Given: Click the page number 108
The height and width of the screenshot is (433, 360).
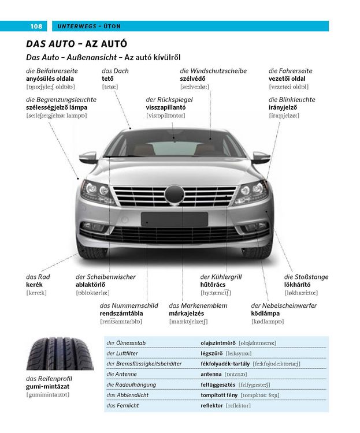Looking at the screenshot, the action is tap(36, 26).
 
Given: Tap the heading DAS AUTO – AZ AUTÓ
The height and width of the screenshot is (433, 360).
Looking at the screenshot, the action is tap(77, 44).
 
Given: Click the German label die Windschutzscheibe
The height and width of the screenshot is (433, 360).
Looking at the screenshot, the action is tap(213, 71).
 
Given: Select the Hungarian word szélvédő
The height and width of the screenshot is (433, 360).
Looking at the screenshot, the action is tap(192, 79).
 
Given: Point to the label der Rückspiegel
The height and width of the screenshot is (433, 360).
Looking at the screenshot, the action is tap(169, 100).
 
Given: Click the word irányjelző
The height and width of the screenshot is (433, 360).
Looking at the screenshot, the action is tap(283, 107).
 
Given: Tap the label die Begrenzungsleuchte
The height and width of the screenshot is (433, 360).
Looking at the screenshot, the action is tap(61, 100).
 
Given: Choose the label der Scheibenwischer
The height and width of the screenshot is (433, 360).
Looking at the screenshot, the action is tap(106, 277).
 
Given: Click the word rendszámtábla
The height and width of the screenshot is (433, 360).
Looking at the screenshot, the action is tap(121, 313).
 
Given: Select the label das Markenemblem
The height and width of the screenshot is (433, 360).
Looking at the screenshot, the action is tap(198, 305).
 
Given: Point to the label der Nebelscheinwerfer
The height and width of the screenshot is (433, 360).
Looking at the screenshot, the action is tap(284, 305).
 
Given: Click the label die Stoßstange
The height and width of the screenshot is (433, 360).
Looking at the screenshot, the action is tap(306, 277).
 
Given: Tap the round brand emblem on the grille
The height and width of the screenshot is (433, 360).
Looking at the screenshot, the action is tap(174, 195).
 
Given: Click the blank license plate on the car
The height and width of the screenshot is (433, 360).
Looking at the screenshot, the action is tap(174, 219).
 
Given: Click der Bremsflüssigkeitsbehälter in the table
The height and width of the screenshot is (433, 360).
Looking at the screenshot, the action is tap(144, 364).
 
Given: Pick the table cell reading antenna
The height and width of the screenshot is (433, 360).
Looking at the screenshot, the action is tap(211, 374).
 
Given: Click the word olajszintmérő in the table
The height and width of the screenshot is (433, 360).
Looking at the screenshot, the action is tap(218, 343).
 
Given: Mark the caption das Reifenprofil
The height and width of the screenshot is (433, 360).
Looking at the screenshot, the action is tap(49, 379).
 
